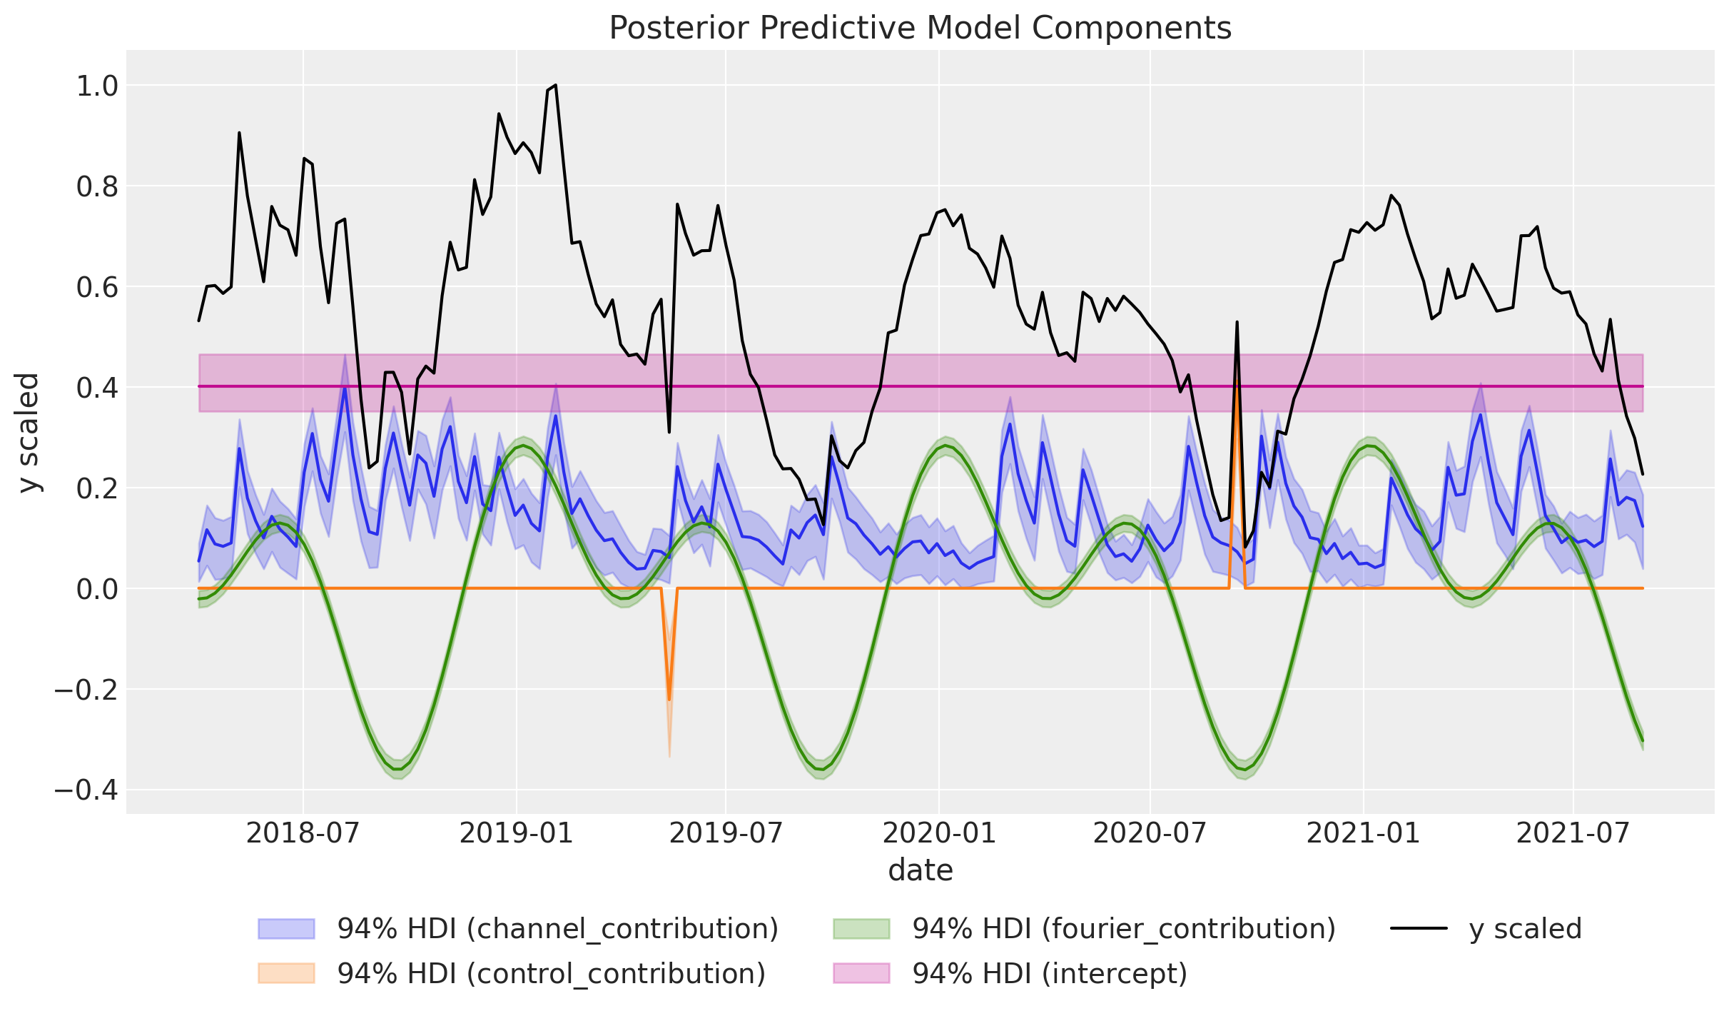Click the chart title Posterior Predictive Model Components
tap(920, 29)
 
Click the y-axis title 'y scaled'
tap(29, 433)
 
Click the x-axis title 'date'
tap(920, 871)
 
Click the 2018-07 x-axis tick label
tap(303, 833)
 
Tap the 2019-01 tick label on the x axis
tap(516, 833)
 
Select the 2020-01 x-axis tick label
tap(939, 833)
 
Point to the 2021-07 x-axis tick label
tap(1573, 833)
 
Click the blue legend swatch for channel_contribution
tap(286, 929)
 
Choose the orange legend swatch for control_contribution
tap(286, 973)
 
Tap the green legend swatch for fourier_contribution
tap(861, 929)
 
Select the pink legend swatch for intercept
tap(861, 973)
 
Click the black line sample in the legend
tap(1419, 929)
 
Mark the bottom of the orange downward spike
tap(669, 699)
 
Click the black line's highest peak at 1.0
tap(555, 85)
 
